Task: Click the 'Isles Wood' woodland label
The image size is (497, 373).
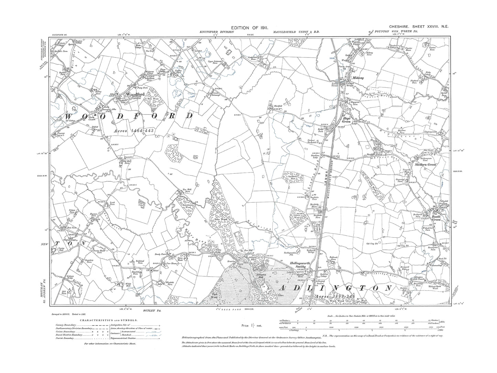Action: coord(220,218)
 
